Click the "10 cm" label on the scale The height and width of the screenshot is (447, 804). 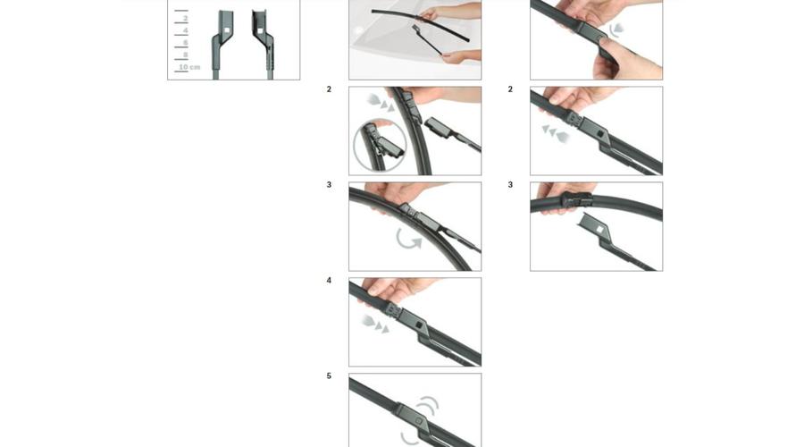[x=189, y=67]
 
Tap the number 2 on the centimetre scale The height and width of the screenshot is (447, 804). [x=186, y=19]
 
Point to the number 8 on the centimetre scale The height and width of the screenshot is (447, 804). [x=186, y=55]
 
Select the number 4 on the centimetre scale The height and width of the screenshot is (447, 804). [x=186, y=30]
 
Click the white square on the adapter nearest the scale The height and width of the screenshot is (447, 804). [x=227, y=30]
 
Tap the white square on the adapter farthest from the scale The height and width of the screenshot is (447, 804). [x=261, y=30]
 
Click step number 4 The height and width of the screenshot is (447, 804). [x=329, y=280]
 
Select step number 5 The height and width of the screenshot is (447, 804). [x=329, y=375]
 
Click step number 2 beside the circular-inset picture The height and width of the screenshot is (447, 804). [x=329, y=89]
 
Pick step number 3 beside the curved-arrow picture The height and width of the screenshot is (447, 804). [x=329, y=184]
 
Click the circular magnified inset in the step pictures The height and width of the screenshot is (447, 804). [x=380, y=145]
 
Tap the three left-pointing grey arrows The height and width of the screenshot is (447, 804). [x=556, y=134]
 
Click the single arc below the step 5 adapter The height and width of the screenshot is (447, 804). [x=408, y=438]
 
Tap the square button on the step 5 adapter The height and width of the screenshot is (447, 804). [x=418, y=421]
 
